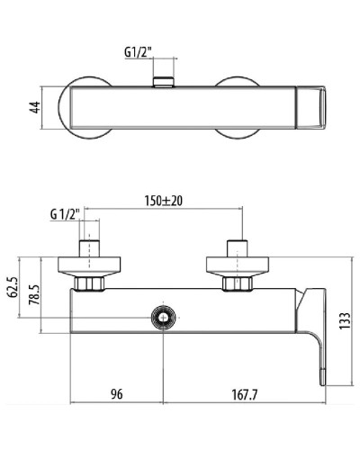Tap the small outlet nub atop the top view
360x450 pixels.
(x=162, y=83)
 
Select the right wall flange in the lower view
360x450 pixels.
(x=238, y=266)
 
